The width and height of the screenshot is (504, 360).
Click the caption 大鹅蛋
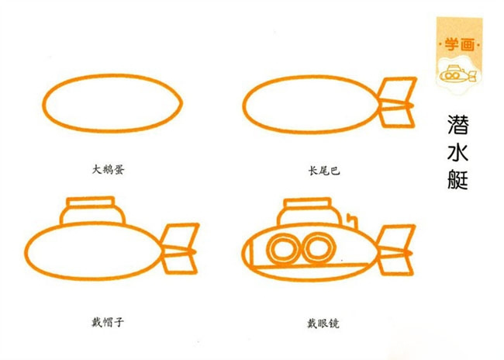click(108, 170)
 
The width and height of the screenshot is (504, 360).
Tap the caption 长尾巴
click(324, 171)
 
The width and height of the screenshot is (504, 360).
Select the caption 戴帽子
click(108, 322)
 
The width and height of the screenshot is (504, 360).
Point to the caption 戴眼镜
click(323, 324)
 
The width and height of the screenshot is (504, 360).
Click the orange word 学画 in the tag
click(460, 44)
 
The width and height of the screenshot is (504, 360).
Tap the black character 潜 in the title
click(458, 124)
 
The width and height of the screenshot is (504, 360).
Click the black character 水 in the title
click(457, 151)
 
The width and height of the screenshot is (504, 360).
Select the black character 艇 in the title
click(457, 179)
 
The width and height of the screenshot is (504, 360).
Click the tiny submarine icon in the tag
click(457, 74)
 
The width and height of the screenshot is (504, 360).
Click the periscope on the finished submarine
click(354, 221)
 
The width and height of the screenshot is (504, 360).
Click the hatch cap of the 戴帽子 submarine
click(91, 202)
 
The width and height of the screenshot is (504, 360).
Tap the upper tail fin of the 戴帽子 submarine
click(179, 236)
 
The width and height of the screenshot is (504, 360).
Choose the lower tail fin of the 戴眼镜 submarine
click(395, 265)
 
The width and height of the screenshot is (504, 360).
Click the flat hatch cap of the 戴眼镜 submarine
click(308, 203)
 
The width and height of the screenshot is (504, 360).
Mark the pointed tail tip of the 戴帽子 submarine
click(195, 252)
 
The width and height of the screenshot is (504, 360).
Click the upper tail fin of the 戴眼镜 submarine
click(395, 237)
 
